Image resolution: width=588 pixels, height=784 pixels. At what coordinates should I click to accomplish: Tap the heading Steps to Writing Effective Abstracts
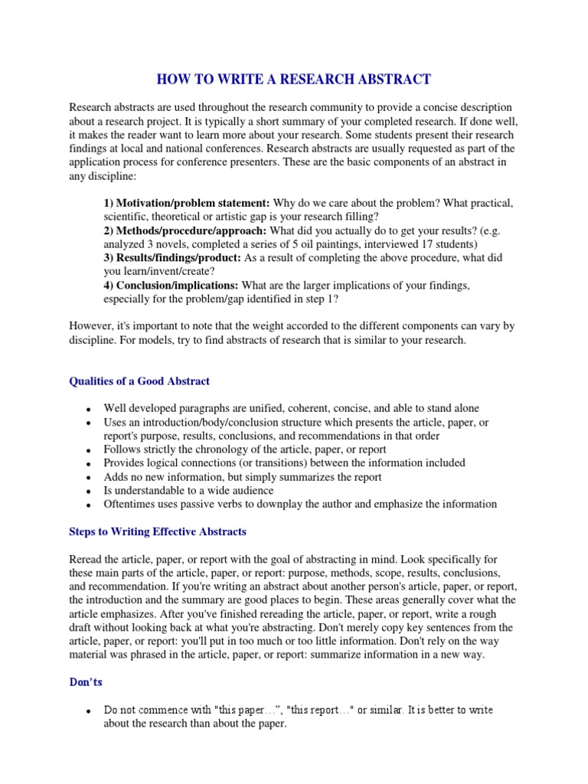158,531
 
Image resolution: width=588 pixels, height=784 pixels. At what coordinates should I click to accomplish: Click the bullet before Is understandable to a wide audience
90,492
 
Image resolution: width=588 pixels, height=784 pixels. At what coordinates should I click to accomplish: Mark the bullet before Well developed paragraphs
90,410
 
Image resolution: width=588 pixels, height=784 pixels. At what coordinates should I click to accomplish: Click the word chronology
219,449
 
